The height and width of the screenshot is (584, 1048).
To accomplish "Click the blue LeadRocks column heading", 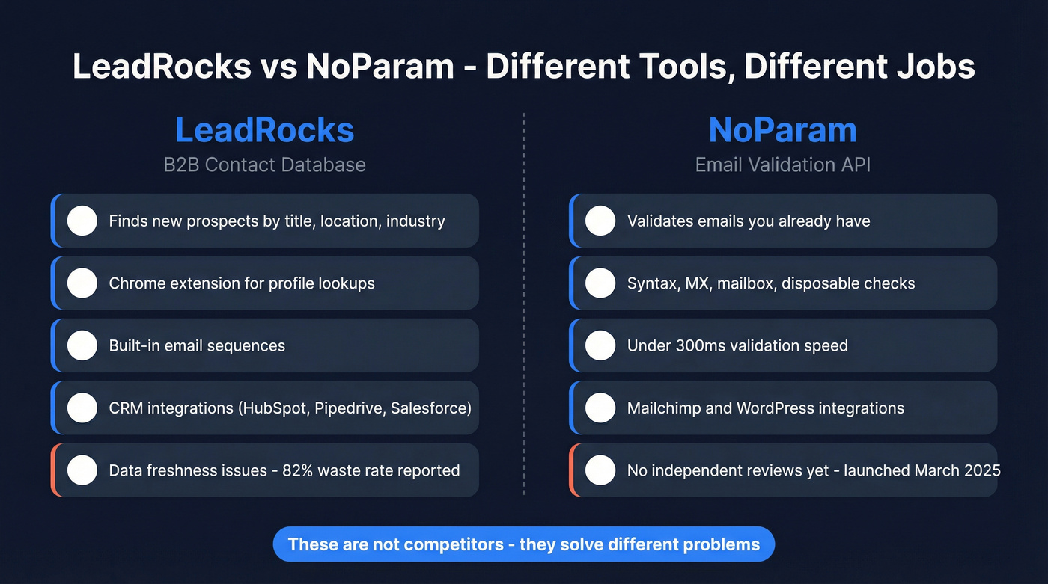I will point(264,130).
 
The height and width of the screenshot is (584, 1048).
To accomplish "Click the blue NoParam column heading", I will point(782,130).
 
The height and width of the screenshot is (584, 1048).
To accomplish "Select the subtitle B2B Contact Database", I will point(264,165).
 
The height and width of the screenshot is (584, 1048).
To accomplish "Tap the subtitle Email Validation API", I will point(782,165).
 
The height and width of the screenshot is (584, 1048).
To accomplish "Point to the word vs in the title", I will point(278,66).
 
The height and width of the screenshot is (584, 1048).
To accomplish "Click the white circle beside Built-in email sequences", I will point(82,345).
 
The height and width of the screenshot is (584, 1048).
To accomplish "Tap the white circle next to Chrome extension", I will point(82,283).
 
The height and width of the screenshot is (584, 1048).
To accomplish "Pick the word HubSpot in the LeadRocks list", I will point(274,408).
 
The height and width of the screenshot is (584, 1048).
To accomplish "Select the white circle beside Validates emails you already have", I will point(600,221).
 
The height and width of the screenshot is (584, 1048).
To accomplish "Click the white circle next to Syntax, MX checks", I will point(600,283).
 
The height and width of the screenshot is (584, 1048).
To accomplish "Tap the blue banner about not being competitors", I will point(523,544).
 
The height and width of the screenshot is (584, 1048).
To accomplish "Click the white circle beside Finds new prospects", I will point(82,221).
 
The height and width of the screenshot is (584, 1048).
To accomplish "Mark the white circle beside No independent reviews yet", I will point(600,470).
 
